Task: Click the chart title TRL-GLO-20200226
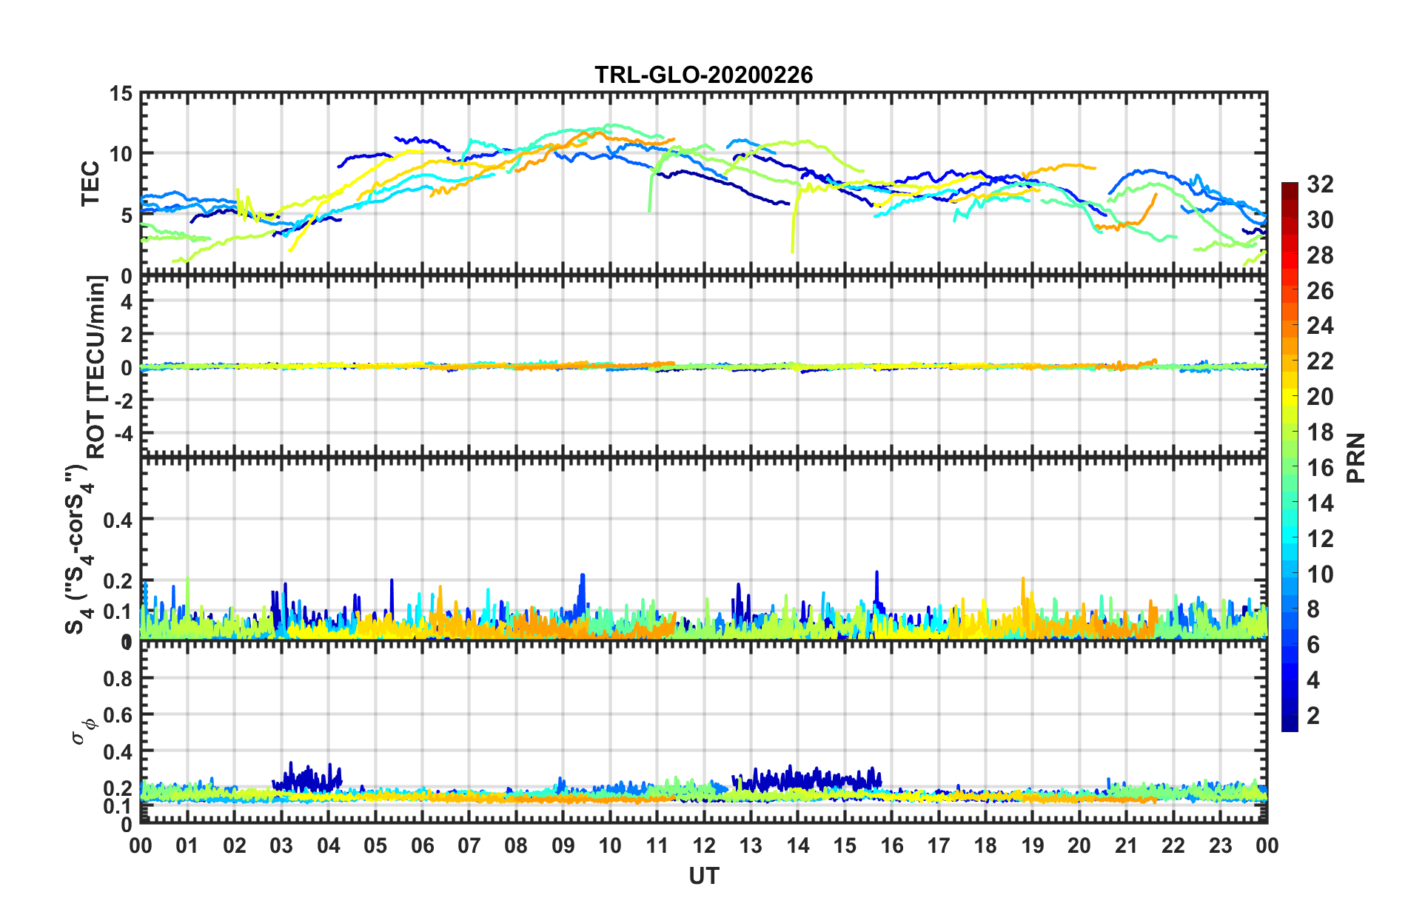tap(703, 75)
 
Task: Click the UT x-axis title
tap(703, 877)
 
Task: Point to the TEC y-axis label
tap(90, 184)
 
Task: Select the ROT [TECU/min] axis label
tap(96, 366)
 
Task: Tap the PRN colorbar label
tap(1355, 457)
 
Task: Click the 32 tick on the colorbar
tap(1320, 184)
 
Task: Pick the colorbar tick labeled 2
tap(1313, 715)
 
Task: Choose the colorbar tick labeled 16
tap(1320, 468)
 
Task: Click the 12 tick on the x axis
tap(703, 845)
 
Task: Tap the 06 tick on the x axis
tap(422, 845)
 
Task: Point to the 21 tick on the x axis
tap(1126, 845)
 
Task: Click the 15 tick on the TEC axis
tap(121, 94)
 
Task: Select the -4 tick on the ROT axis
tap(122, 432)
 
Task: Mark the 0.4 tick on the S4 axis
tap(118, 520)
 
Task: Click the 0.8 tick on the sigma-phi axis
tap(118, 678)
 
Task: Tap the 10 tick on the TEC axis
tap(121, 155)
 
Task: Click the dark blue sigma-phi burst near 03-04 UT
tap(307, 777)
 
